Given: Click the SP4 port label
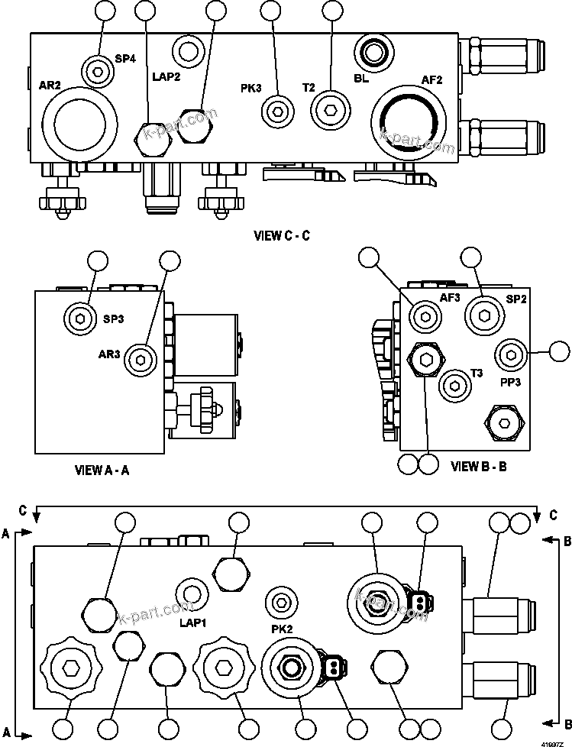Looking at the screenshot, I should (125, 59).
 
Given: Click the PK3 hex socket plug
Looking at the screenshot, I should (276, 112).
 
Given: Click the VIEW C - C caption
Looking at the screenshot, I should (282, 236).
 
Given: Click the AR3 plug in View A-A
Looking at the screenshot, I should (139, 359).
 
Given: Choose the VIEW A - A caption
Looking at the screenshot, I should (102, 470).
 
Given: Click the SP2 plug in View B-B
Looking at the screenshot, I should (482, 313).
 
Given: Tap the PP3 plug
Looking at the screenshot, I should (509, 354).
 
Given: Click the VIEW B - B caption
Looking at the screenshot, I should (479, 465).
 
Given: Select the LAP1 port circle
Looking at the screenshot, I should (192, 594).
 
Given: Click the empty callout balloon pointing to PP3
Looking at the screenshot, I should (560, 352).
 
